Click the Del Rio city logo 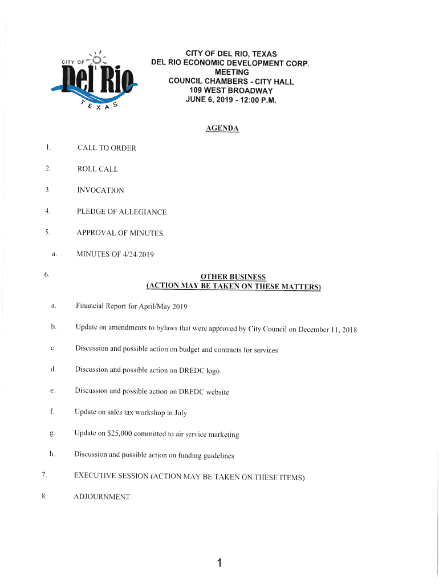coord(95,80)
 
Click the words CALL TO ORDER coord(107,148)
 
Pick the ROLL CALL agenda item coord(98,169)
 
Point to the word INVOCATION coord(101,190)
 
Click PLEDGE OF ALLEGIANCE coord(122,212)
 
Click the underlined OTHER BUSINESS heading coord(234,277)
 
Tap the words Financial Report coord(101,306)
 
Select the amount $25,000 coord(119,433)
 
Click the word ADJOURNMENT coord(102,497)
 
